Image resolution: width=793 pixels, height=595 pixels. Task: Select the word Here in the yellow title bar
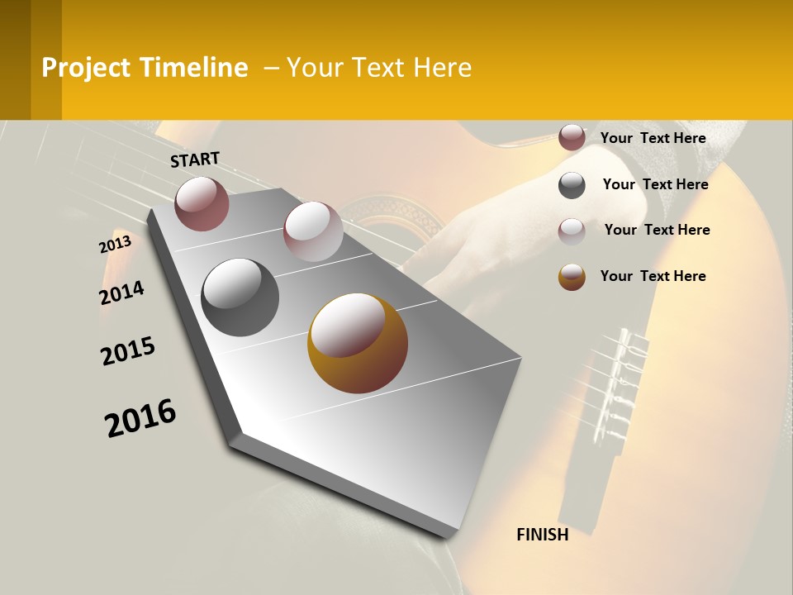[442, 68]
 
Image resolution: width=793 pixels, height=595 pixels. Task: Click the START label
[195, 159]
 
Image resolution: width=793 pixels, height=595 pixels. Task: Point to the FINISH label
[542, 535]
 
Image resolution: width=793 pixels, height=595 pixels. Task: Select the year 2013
[115, 245]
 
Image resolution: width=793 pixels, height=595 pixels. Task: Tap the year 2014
[121, 293]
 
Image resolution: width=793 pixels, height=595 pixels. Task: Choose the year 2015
[128, 351]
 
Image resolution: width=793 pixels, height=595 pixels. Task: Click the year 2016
[140, 418]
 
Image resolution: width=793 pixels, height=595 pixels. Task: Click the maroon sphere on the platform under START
[202, 203]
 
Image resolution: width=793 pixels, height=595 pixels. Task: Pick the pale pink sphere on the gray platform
[312, 231]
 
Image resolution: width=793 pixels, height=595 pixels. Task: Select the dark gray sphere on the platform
[240, 297]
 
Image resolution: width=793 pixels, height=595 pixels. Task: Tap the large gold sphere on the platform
[358, 343]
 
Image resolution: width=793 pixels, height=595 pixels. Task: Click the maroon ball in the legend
[572, 137]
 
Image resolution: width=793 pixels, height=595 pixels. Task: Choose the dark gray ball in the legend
[572, 185]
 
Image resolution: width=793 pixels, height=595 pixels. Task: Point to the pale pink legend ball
[572, 231]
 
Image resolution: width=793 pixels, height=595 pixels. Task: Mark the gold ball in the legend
[572, 277]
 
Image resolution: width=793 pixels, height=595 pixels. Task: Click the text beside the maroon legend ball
[653, 138]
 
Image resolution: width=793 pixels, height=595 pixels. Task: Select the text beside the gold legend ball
[653, 276]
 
